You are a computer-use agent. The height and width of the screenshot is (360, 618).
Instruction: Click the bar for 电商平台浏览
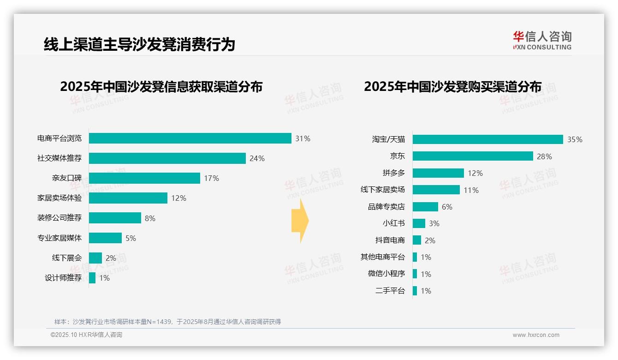tap(190, 138)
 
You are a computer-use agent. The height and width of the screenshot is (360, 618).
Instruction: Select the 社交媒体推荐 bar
tap(167, 158)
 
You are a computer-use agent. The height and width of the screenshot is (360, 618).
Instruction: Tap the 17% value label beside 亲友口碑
tap(211, 178)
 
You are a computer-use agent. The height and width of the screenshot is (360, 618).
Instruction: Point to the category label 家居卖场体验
tap(59, 198)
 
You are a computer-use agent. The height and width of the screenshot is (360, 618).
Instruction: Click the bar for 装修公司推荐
tap(115, 218)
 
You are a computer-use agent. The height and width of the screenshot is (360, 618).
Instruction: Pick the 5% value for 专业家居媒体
tap(131, 238)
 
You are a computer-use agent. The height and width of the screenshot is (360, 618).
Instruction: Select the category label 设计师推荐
tap(63, 278)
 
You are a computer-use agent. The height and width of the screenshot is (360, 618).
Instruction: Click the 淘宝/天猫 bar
tap(487, 139)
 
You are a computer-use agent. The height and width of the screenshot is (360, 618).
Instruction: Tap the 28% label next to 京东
tap(544, 156)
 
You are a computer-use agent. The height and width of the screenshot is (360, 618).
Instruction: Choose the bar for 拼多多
tap(438, 173)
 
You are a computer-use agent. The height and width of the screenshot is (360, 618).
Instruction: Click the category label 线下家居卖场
tap(382, 190)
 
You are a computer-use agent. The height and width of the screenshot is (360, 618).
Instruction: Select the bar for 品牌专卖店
tap(425, 207)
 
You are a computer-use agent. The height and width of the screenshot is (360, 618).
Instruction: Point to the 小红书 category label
tap(393, 223)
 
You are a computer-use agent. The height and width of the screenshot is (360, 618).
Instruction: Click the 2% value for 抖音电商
tap(430, 240)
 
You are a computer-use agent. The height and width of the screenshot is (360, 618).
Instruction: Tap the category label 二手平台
tap(390, 291)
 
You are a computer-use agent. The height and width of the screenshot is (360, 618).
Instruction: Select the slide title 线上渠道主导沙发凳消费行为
tap(139, 44)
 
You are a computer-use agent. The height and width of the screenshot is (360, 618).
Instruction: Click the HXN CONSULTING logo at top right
tap(542, 41)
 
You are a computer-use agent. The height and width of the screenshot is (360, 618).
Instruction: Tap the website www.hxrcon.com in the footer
tap(536, 335)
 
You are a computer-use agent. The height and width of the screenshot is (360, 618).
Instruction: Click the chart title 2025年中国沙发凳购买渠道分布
tap(452, 87)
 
